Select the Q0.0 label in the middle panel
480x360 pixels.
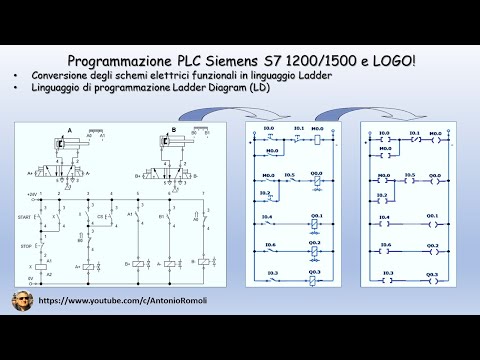[x=315, y=174]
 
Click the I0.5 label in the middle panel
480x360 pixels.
[x=291, y=174]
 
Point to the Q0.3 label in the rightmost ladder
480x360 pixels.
[x=432, y=271]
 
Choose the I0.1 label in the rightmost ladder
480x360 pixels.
[x=409, y=130]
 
